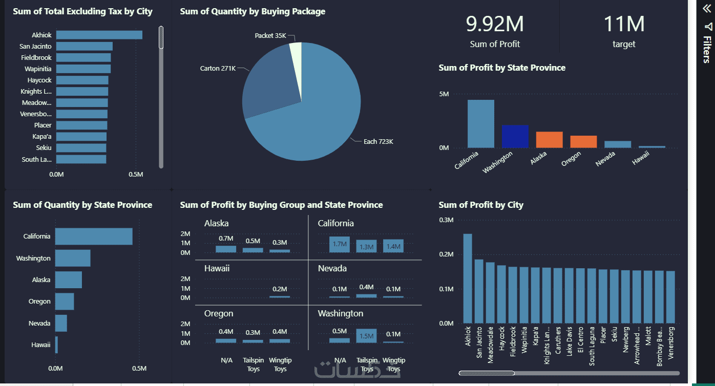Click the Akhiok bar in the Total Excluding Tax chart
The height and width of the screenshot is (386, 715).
99,35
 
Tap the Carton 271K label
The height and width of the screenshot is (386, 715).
218,68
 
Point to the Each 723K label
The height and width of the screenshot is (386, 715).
378,142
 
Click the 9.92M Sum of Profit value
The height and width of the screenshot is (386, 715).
494,25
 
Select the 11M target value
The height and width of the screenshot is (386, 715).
624,25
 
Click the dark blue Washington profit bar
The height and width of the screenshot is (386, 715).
515,137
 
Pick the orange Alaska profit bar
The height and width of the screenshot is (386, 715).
549,140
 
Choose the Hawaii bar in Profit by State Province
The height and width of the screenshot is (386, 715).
651,147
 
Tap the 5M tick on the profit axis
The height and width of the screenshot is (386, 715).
444,94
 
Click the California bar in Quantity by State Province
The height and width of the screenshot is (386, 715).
94,237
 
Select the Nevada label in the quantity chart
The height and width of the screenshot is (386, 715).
39,323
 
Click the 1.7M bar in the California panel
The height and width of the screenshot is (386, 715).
340,244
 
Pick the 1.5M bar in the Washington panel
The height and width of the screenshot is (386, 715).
367,336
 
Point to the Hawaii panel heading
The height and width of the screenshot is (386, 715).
217,268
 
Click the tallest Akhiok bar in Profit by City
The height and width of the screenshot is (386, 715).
468,278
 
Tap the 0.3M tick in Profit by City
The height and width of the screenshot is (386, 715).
446,220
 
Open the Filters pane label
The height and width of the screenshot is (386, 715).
707,49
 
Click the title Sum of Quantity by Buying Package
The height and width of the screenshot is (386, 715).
253,11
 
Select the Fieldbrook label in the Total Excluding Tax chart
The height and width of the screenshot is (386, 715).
36,57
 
